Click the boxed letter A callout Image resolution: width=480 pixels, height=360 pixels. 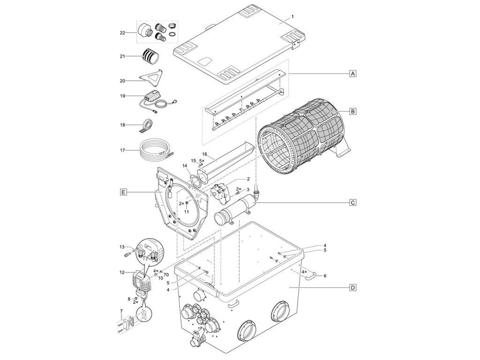(x=353, y=74)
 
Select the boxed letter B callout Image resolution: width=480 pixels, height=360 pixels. (x=353, y=112)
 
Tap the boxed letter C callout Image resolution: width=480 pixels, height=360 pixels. (x=353, y=202)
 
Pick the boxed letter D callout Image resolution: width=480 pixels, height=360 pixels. (x=353, y=287)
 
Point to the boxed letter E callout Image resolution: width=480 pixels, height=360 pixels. (x=123, y=192)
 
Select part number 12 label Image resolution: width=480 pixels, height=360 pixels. (x=122, y=272)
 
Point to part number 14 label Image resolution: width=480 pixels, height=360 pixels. (x=184, y=166)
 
